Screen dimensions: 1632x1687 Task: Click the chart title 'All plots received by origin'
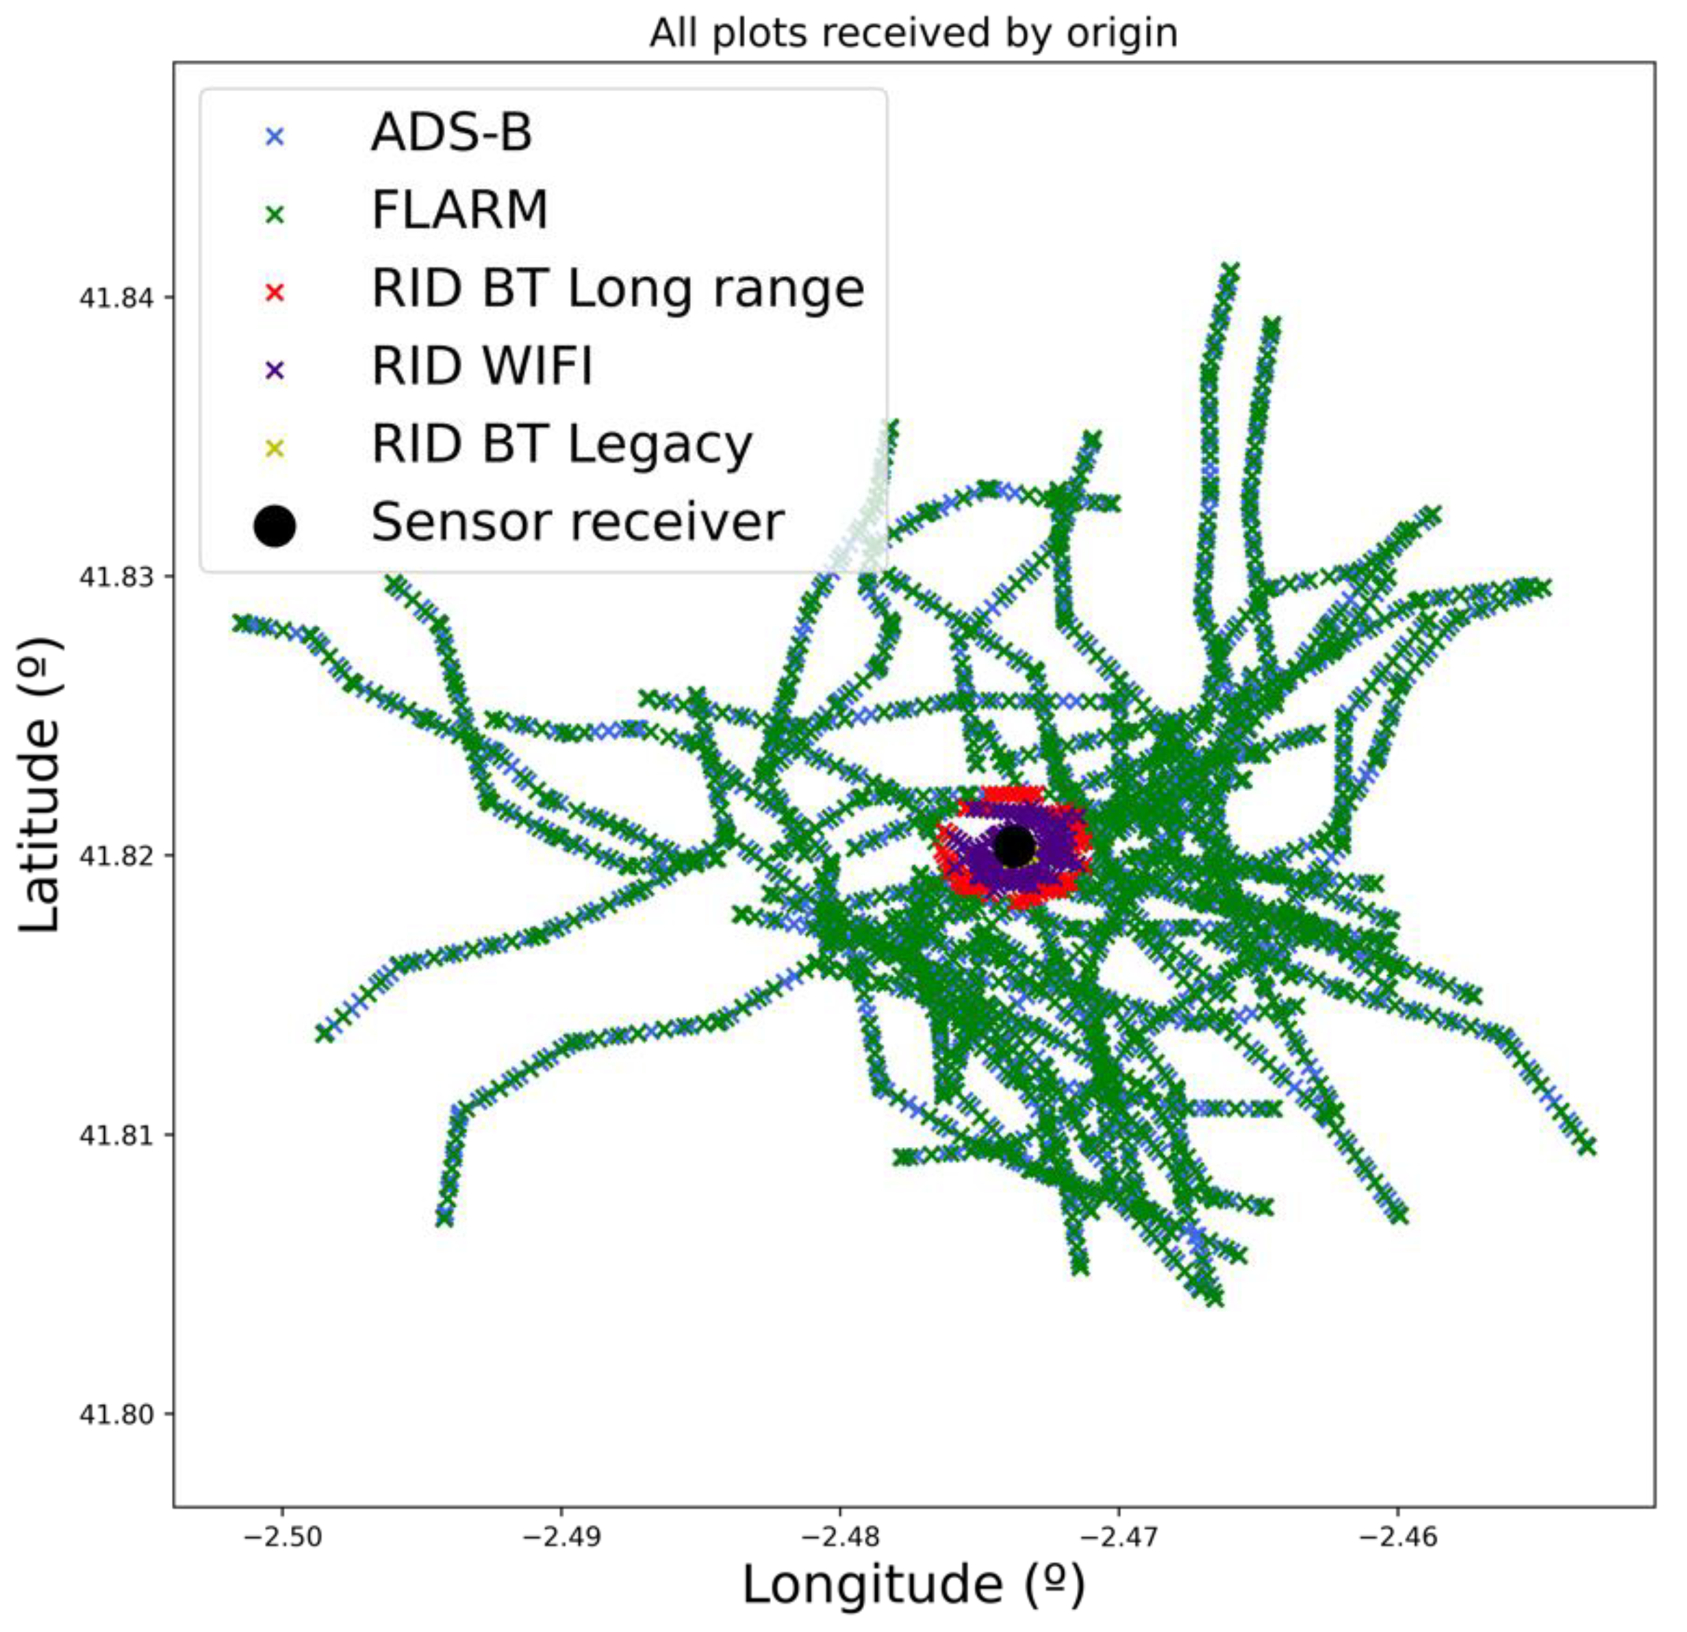[913, 34]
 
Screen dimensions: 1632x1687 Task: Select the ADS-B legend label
[452, 134]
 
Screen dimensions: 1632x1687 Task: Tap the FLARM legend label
[459, 211]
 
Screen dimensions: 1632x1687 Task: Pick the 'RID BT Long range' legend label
[617, 289]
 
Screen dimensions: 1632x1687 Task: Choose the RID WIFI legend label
[482, 366]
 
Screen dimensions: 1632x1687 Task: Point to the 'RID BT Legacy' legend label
[561, 445]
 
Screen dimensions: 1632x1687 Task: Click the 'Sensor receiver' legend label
[578, 523]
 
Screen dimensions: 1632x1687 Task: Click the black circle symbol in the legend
[275, 526]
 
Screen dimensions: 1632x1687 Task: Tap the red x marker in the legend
[275, 292]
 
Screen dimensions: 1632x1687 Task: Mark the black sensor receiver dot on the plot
[1015, 846]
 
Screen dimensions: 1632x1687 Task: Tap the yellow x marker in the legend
[275, 449]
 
